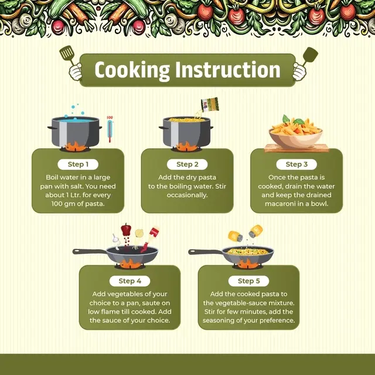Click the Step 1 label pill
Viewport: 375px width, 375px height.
point(78,164)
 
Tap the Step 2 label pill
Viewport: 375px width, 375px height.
point(187,164)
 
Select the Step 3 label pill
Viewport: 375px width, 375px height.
point(296,164)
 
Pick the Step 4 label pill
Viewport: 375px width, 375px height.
point(130,281)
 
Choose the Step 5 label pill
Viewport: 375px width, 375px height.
point(248,281)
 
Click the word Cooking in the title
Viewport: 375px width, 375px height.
point(132,70)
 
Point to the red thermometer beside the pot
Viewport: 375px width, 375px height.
point(110,129)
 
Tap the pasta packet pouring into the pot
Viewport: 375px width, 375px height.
point(210,104)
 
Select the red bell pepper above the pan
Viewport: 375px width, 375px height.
point(126,230)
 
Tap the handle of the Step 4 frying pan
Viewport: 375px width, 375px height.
point(90,251)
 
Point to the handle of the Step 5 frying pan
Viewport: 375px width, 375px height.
point(205,252)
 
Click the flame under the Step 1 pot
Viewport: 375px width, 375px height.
point(75,146)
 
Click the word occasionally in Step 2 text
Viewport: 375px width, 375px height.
point(187,195)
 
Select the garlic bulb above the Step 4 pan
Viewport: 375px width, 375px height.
point(116,238)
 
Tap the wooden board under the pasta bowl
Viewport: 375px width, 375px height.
point(296,148)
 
